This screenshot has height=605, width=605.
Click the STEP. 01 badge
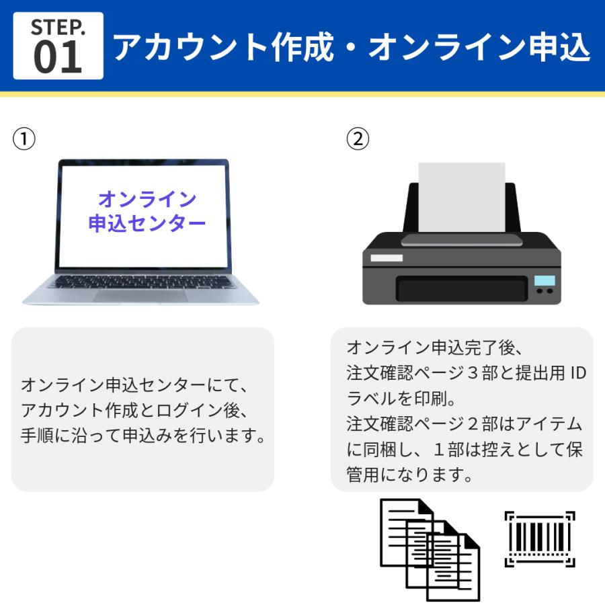(58, 45)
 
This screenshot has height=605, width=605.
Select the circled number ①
(24, 139)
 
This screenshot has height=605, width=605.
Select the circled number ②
(357, 139)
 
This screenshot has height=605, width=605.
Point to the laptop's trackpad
(140, 295)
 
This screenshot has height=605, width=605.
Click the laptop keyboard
(141, 281)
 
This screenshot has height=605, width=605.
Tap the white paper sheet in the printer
(461, 195)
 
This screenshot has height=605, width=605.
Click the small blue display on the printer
(544, 280)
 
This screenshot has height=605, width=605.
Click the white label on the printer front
(387, 257)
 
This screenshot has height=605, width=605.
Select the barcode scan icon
(539, 538)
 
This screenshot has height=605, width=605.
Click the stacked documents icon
(430, 549)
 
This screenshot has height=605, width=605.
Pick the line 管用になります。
(407, 475)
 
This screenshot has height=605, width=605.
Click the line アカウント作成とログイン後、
(135, 411)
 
